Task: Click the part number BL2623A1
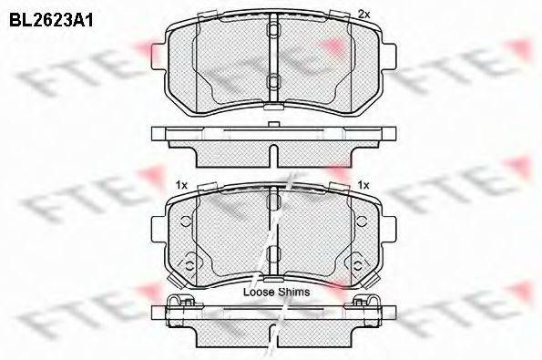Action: click(51, 20)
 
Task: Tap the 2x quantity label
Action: click(363, 15)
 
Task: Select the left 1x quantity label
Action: click(181, 185)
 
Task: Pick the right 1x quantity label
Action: click(363, 185)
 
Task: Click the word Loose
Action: click(258, 292)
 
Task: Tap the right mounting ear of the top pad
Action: click(389, 56)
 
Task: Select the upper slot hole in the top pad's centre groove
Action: click(274, 30)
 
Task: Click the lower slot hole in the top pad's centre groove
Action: click(274, 82)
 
